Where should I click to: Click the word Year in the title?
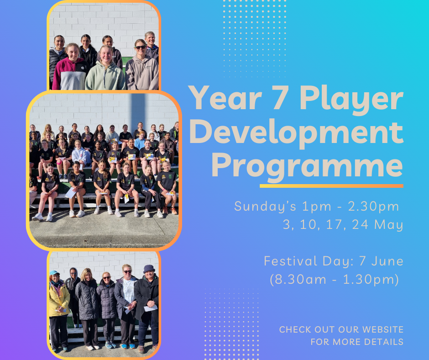pyautogui.click(x=225, y=97)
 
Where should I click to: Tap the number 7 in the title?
pyautogui.click(x=280, y=97)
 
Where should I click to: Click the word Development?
pyautogui.click(x=297, y=133)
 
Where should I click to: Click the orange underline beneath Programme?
pyautogui.click(x=332, y=186)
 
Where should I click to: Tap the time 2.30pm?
pyautogui.click(x=373, y=207)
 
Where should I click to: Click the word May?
pyautogui.click(x=389, y=225)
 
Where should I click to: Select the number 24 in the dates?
pyautogui.click(x=360, y=224)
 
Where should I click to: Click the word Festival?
pyautogui.click(x=291, y=261)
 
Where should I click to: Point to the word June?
pyautogui.click(x=387, y=261)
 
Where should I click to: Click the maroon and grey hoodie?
pyautogui.click(x=70, y=74)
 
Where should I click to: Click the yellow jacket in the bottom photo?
pyautogui.click(x=58, y=299)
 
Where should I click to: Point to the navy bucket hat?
pyautogui.click(x=149, y=268)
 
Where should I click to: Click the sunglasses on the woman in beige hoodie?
pyautogui.click(x=141, y=48)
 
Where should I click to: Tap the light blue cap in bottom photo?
pyautogui.click(x=54, y=273)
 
